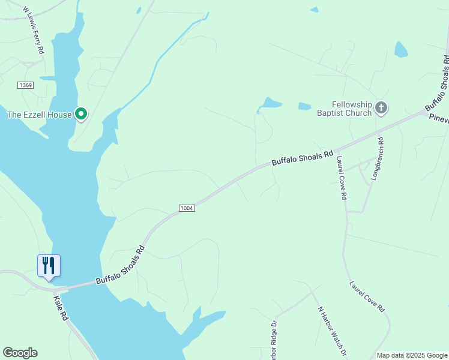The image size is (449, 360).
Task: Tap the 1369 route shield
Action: click(x=25, y=85)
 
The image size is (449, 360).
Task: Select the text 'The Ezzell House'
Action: click(x=39, y=115)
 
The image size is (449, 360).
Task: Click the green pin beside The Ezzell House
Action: click(x=81, y=113)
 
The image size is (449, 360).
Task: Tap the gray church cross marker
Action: click(x=381, y=108)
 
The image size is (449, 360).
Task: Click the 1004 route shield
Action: click(x=186, y=208)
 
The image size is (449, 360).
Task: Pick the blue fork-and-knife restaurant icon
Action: click(x=49, y=265)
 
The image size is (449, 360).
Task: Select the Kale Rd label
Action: click(x=61, y=307)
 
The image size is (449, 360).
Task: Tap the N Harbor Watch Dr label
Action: click(x=332, y=329)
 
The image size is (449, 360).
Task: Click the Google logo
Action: click(x=20, y=353)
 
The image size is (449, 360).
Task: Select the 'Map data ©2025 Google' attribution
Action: click(x=412, y=355)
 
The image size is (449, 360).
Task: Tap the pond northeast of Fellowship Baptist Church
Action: click(x=400, y=50)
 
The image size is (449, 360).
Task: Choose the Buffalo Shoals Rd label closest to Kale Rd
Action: click(x=121, y=265)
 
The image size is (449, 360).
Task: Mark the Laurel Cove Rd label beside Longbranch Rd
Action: click(x=342, y=178)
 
